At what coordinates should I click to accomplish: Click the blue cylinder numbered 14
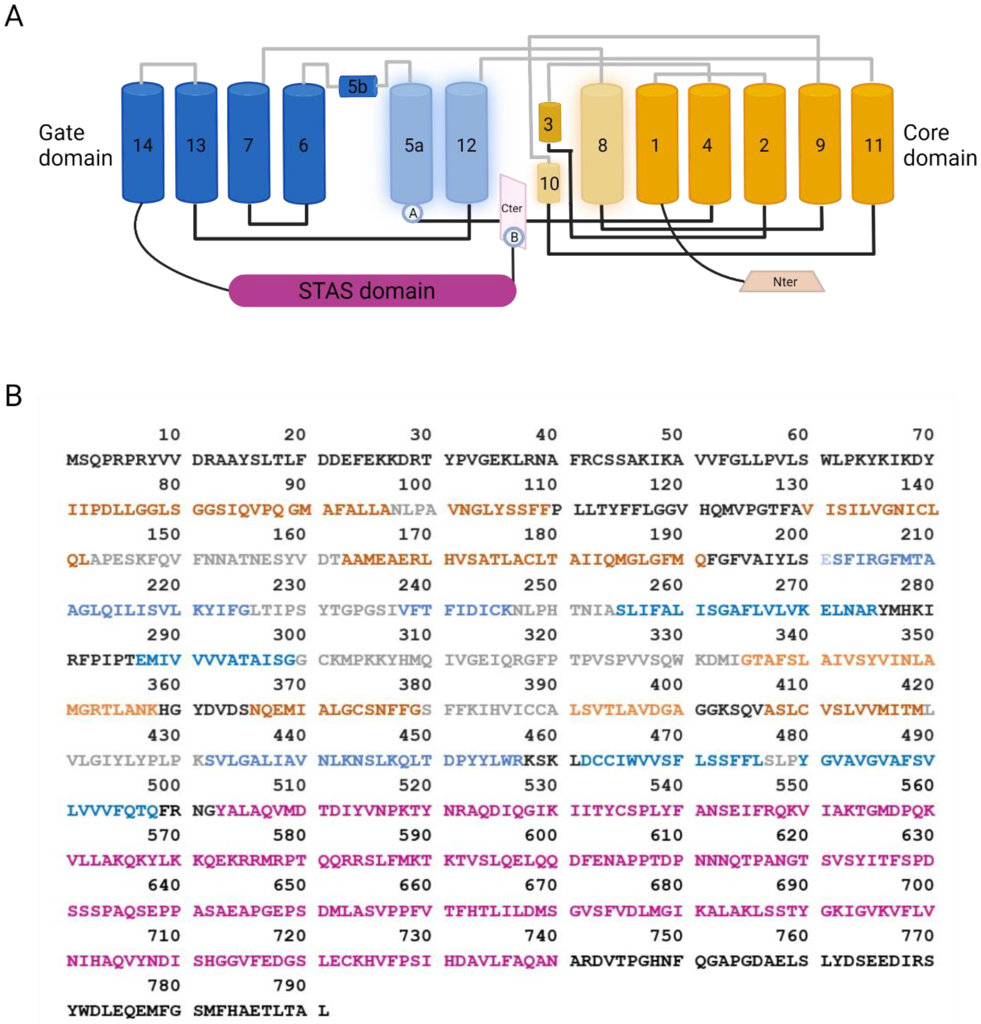[x=143, y=144]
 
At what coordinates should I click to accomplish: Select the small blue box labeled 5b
[x=358, y=86]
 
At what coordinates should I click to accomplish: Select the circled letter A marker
[x=412, y=213]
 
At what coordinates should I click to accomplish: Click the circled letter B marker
[x=514, y=237]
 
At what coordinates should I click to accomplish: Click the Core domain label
[x=939, y=145]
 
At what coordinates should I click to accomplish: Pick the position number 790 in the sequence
[x=289, y=985]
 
